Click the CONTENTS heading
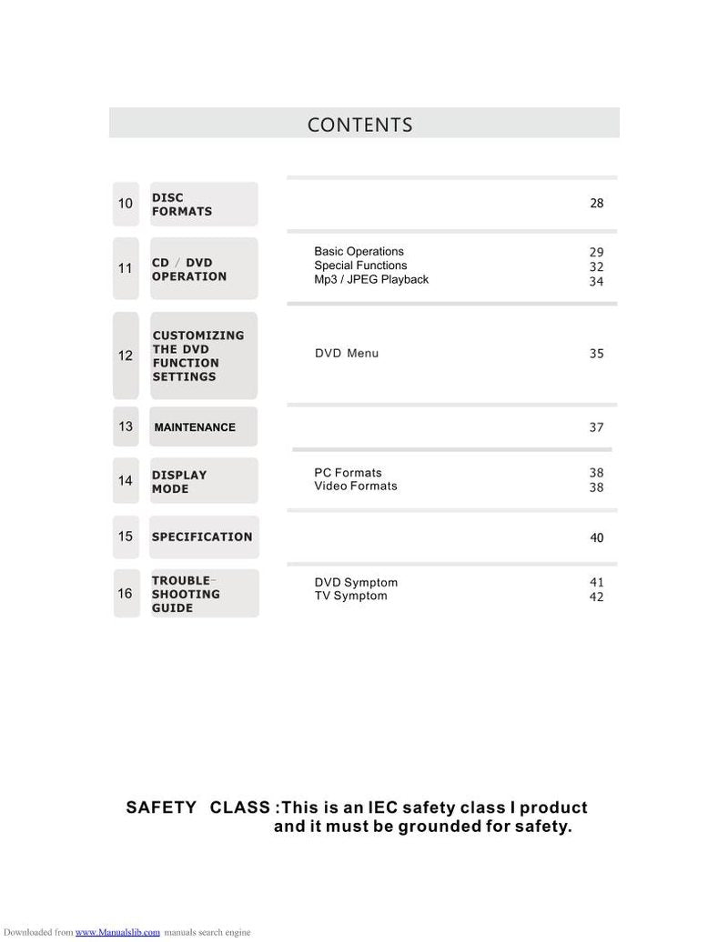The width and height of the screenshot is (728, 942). [x=359, y=125]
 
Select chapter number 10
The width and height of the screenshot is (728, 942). [x=126, y=204]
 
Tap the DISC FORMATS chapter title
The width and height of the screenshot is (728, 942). [x=182, y=205]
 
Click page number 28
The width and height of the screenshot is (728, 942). [x=596, y=204]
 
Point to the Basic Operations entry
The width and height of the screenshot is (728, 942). [x=359, y=252]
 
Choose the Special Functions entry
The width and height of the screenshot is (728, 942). [x=360, y=266]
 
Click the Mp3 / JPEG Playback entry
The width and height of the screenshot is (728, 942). [x=371, y=280]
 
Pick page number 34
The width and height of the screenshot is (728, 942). [x=596, y=282]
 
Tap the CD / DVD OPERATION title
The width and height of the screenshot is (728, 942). [x=189, y=269]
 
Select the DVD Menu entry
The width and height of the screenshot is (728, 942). [x=346, y=354]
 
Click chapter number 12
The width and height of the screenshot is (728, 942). [x=126, y=356]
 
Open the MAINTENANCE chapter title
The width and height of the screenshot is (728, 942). [x=195, y=427]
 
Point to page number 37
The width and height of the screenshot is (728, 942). [x=596, y=427]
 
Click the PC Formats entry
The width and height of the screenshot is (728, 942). [x=348, y=473]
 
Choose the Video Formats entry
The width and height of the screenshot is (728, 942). [x=356, y=486]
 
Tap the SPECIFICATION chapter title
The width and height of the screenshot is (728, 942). [x=202, y=536]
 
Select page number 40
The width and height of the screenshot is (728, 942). [x=596, y=538]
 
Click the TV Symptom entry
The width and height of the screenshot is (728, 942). [x=350, y=596]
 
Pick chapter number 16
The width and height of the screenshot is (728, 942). [x=126, y=594]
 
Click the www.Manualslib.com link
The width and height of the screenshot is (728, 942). [x=117, y=932]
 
